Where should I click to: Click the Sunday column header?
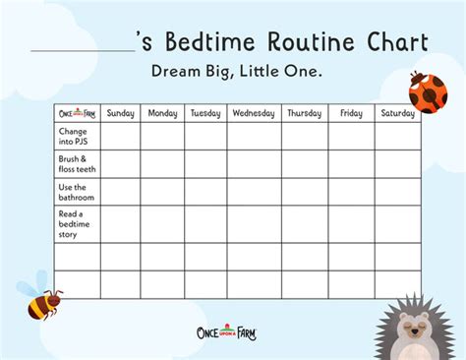click(120, 113)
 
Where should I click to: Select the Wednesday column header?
click(254, 113)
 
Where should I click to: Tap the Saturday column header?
click(397, 113)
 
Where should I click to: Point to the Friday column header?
click(351, 113)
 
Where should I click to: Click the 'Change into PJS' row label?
click(76, 136)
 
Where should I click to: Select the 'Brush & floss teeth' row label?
click(76, 163)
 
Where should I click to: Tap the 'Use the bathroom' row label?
click(76, 192)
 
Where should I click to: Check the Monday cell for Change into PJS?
click(162, 136)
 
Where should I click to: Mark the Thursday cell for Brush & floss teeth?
click(304, 163)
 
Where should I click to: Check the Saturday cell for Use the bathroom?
click(397, 192)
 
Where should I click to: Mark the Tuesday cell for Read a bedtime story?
click(205, 223)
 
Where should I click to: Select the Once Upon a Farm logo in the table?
click(76, 113)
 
